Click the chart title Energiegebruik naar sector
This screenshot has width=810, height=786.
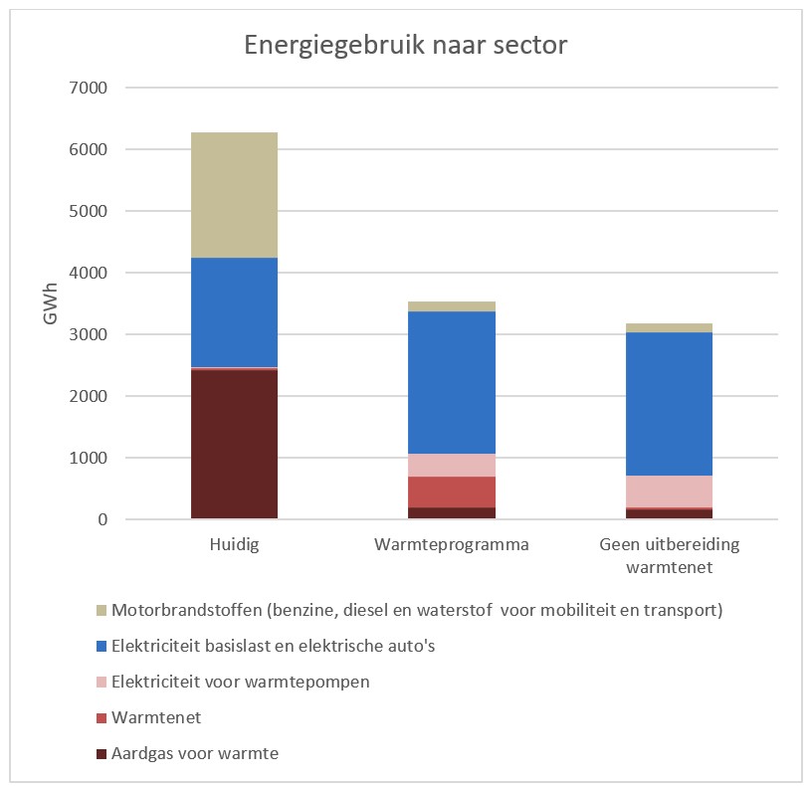tap(406, 46)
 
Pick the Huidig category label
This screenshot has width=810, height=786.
tap(234, 546)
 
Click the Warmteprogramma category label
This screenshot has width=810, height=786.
tap(452, 546)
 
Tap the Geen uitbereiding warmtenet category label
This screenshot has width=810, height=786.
tap(670, 556)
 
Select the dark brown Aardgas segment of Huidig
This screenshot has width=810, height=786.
tap(234, 444)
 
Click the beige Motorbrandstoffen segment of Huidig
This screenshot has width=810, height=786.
tap(234, 195)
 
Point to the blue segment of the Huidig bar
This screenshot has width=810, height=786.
tap(234, 312)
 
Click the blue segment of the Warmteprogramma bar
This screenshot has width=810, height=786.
tap(452, 382)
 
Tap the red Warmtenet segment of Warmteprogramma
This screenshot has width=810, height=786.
tap(452, 491)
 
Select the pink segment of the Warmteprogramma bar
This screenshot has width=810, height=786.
tap(452, 465)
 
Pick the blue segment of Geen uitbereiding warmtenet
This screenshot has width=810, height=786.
tap(670, 403)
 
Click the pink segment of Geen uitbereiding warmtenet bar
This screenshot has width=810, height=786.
tap(670, 491)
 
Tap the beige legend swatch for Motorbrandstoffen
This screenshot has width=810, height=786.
tap(101, 610)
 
